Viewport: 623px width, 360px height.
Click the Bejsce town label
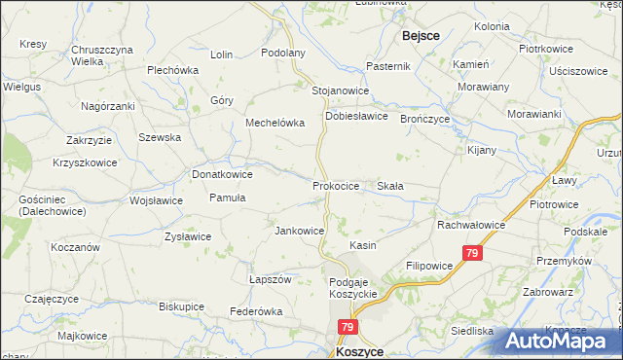420,35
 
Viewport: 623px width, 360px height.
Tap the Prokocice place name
337,185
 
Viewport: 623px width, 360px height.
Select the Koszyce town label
358,352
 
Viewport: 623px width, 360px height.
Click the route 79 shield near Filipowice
472,254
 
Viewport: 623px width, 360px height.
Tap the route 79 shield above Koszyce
348,329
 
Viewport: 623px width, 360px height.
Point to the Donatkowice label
223,174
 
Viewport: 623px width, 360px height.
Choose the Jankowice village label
299,231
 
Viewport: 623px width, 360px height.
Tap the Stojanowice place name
340,90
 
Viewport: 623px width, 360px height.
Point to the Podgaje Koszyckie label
351,287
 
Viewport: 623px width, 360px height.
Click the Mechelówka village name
275,124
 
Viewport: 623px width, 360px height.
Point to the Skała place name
390,185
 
